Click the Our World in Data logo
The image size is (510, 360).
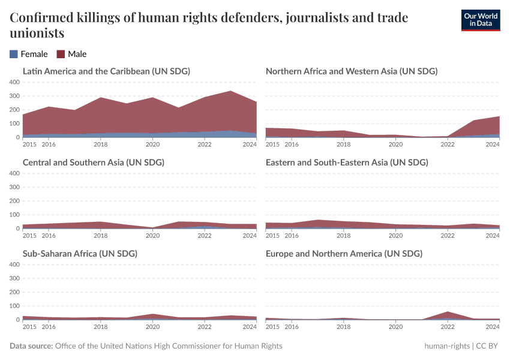(481, 20)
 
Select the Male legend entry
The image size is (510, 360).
(71, 54)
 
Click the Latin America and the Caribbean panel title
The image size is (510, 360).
(106, 71)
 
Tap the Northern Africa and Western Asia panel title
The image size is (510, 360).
(352, 71)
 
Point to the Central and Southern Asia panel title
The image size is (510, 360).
(94, 162)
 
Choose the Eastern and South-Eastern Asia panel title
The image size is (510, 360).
(347, 162)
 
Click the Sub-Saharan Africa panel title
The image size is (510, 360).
(80, 253)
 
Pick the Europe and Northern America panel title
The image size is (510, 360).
(344, 253)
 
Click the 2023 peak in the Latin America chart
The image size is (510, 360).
(230, 91)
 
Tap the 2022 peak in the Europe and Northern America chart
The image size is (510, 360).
(448, 312)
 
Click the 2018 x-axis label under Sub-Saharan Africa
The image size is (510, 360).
(101, 327)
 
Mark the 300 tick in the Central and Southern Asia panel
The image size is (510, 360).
(14, 187)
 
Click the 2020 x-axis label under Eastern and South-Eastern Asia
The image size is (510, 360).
(396, 236)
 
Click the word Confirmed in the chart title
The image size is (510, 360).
(43, 18)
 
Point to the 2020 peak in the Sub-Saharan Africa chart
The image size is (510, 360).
(152, 314)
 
